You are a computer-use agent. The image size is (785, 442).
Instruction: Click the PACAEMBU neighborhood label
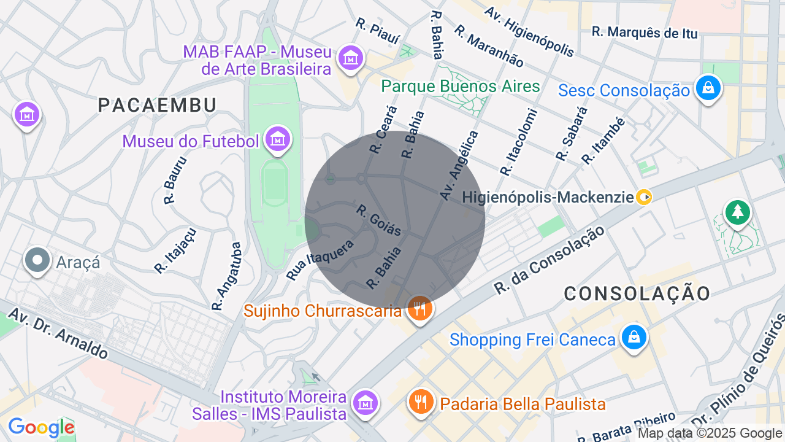[157, 106]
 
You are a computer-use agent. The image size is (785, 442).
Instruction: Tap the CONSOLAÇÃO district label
[637, 293]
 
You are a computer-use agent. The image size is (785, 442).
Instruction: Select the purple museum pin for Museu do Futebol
[278, 140]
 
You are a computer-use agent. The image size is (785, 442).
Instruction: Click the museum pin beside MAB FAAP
[351, 58]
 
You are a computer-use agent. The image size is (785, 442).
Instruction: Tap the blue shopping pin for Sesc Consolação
[708, 89]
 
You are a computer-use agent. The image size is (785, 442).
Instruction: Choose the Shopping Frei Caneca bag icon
[634, 338]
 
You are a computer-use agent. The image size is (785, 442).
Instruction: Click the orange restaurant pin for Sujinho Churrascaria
[420, 309]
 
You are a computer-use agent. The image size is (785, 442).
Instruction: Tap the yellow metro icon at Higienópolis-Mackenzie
[644, 197]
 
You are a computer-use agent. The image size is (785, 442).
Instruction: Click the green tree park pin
[737, 212]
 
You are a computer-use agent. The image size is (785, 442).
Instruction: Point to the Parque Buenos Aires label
[460, 86]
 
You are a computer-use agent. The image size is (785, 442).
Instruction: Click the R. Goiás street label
[378, 220]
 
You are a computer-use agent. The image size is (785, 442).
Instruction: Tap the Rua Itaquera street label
[320, 260]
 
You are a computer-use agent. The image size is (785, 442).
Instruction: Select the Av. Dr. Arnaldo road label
[59, 334]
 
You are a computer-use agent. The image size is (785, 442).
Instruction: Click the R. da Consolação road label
[550, 259]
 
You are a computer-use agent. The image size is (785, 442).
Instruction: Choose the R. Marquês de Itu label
[645, 33]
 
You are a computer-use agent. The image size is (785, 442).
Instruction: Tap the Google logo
[41, 427]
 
